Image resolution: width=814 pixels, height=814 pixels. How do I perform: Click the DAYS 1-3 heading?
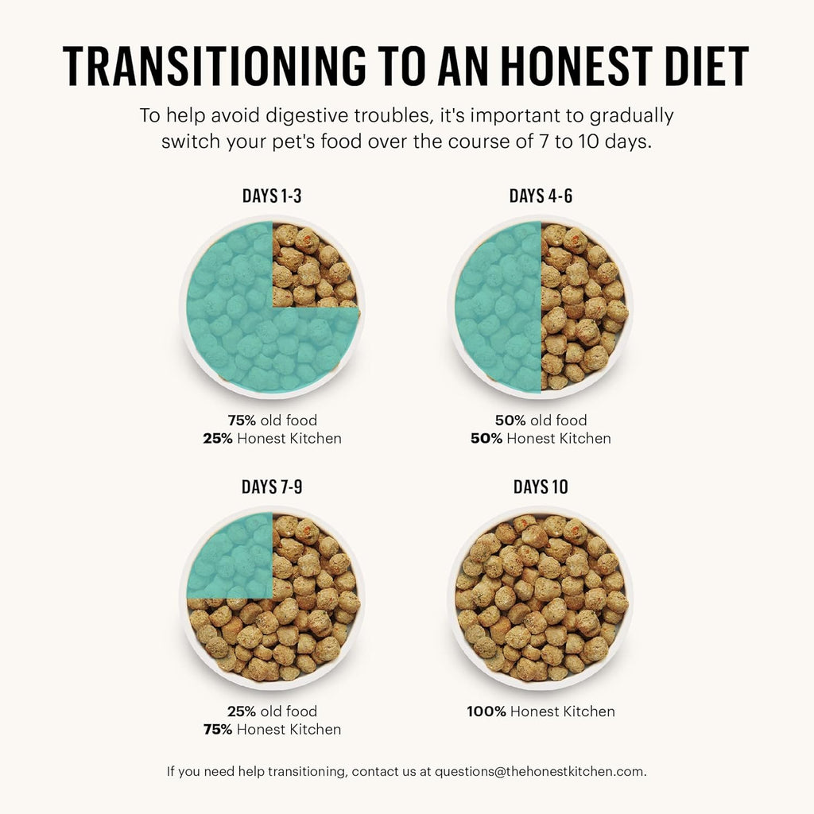click(x=272, y=196)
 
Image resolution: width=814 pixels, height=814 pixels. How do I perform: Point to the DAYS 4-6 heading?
click(x=541, y=196)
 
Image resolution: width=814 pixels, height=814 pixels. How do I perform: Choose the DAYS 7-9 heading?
click(x=272, y=486)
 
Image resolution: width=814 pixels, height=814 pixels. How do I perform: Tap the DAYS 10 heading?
click(x=541, y=486)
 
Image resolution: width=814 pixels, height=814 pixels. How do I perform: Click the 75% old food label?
click(x=272, y=421)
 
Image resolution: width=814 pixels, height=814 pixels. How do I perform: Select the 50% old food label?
click(x=541, y=421)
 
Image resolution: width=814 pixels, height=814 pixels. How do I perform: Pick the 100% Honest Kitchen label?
click(x=541, y=711)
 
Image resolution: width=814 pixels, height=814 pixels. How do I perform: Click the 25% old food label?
click(x=272, y=711)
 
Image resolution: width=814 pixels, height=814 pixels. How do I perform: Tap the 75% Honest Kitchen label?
click(x=272, y=729)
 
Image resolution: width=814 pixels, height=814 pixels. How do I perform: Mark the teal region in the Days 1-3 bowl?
click(x=238, y=334)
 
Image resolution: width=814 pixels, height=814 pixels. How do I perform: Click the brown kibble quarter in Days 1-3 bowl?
click(x=312, y=266)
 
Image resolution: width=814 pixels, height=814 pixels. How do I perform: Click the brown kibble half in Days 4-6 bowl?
click(x=584, y=307)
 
